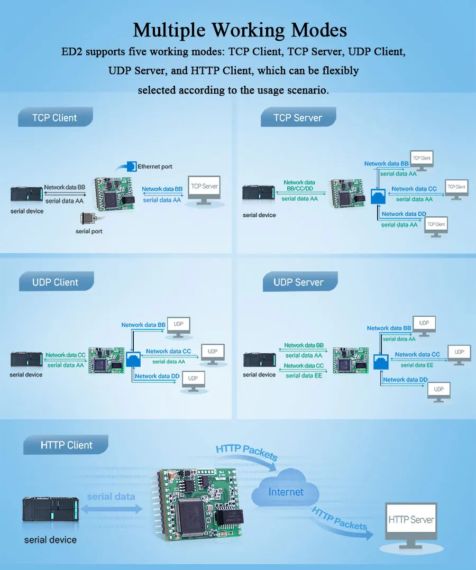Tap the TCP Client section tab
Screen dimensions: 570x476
[x=54, y=117]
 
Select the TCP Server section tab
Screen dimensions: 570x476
[x=298, y=117]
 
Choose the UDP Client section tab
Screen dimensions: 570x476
[x=55, y=282]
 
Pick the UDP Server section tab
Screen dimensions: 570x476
[x=298, y=282]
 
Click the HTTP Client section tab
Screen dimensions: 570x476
[x=66, y=445]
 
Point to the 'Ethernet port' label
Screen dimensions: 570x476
[x=155, y=167]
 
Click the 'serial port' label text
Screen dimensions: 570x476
[x=89, y=231]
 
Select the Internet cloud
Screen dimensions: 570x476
[x=286, y=492]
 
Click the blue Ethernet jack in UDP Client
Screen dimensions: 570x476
[x=133, y=360]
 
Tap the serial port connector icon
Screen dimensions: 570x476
[x=88, y=218]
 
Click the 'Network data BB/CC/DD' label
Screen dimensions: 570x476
[x=299, y=185]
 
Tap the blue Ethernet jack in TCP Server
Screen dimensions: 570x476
[x=378, y=196]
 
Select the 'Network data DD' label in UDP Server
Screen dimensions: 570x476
[x=405, y=380]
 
